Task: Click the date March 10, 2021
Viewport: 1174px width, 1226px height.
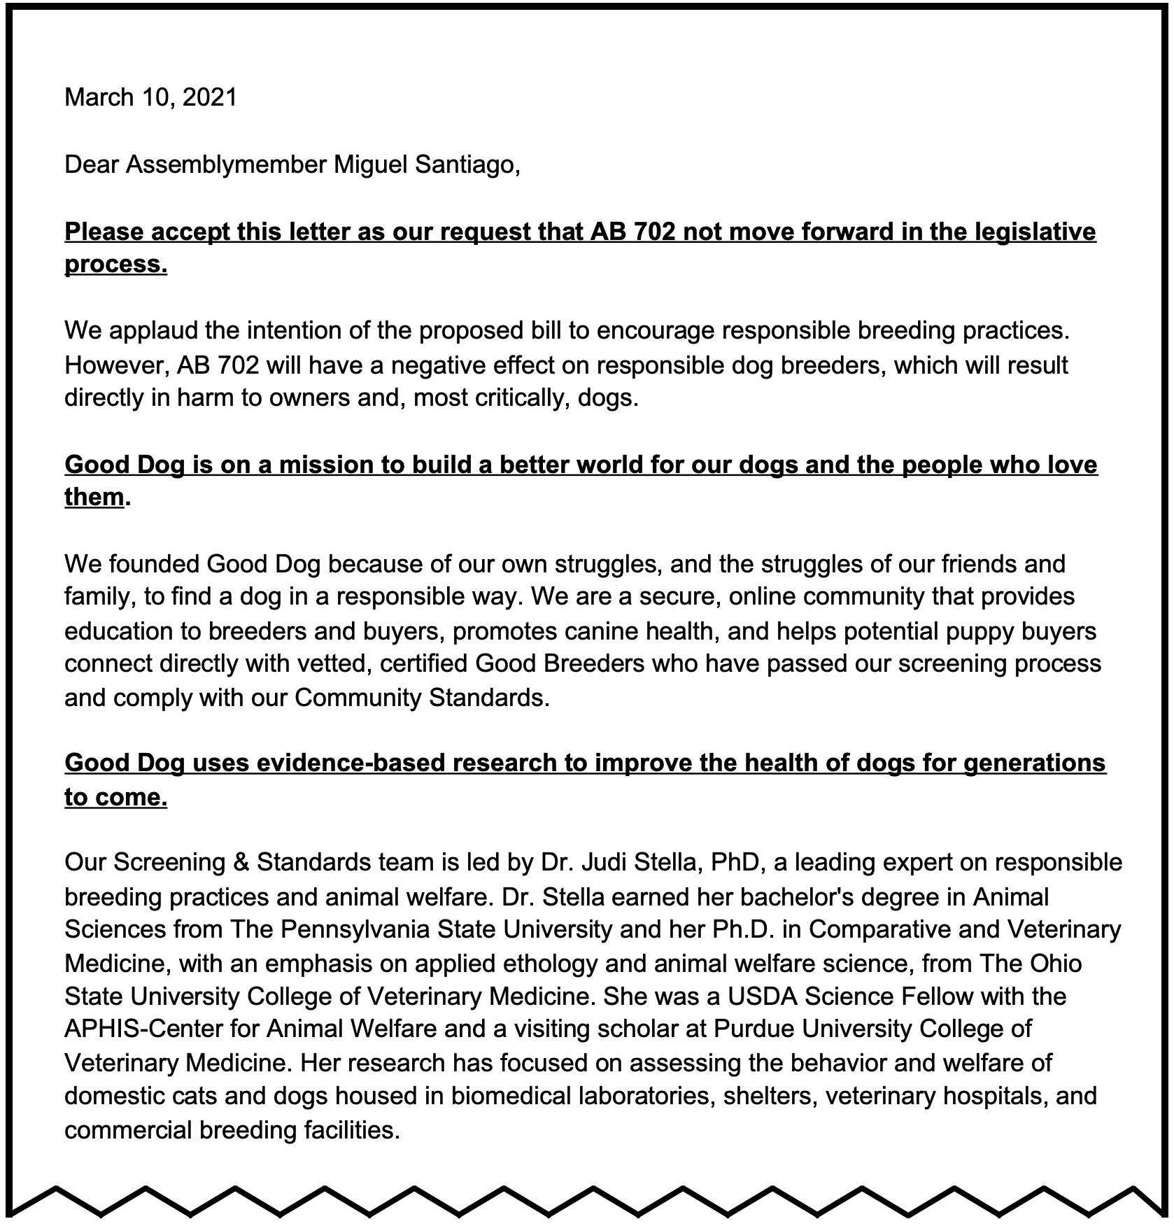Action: tap(150, 97)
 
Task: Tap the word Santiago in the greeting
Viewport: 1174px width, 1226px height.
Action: tap(467, 165)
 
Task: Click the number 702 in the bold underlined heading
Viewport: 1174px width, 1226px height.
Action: tap(654, 232)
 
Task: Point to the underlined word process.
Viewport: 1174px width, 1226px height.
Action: tap(115, 265)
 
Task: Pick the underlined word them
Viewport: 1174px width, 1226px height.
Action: tap(94, 498)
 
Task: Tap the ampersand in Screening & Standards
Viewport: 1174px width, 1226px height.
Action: tap(241, 862)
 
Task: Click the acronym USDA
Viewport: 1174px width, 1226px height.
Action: tap(764, 996)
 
